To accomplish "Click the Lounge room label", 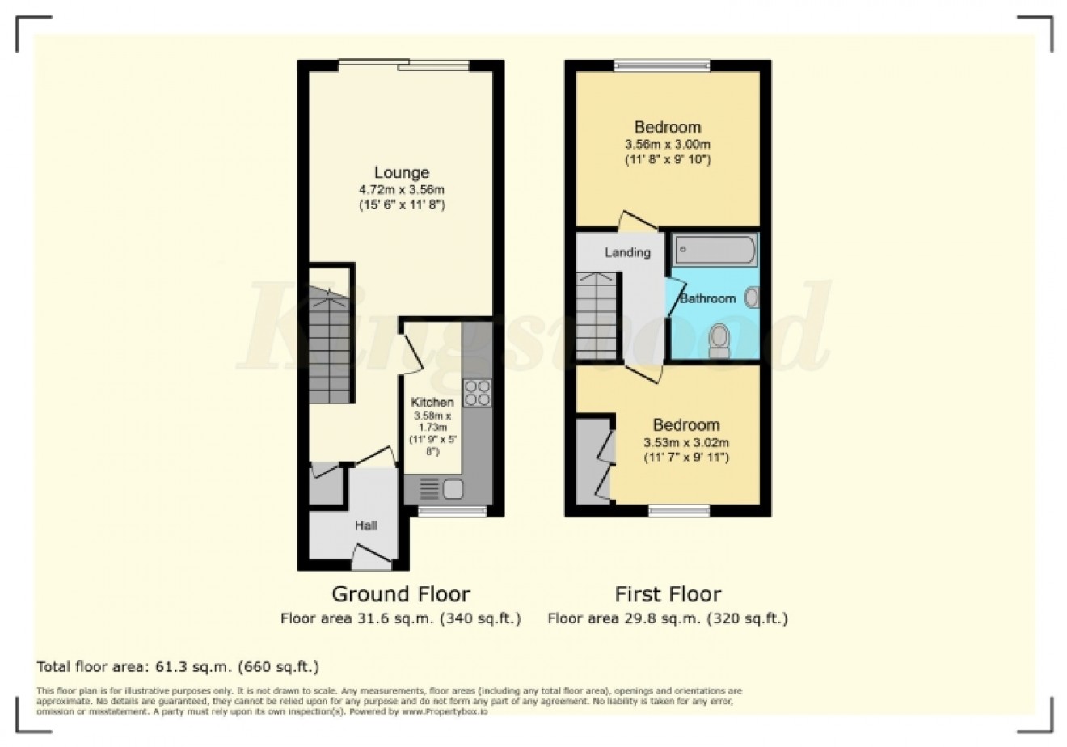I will pos(401,172).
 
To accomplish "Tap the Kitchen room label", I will pos(432,402).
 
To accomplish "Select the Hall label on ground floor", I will pos(366,525).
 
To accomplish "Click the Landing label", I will pos(627,252).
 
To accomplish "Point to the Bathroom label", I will pos(707,298).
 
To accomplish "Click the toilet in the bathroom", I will pos(718,340).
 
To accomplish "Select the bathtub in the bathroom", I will pos(715,250).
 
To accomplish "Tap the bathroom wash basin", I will pos(752,298).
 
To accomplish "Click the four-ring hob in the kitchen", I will pos(477,393).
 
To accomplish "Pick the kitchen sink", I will pos(452,488).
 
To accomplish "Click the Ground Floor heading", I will pos(401,594).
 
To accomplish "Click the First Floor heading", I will pos(668,594).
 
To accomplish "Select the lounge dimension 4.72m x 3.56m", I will pos(402,190).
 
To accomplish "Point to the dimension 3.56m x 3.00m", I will pos(668,145).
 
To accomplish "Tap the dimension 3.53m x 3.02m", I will pos(686,442).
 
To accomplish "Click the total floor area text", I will pos(178,667).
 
